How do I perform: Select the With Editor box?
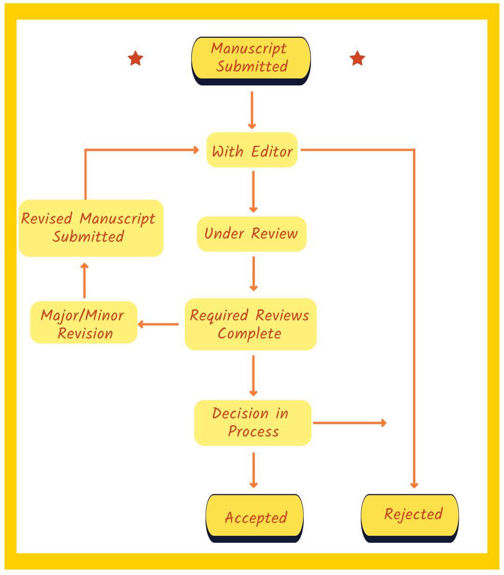pyautogui.click(x=252, y=150)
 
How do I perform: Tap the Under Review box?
pyautogui.click(x=252, y=233)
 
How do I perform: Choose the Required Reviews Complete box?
pyautogui.click(x=251, y=324)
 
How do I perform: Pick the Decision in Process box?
pyautogui.click(x=252, y=423)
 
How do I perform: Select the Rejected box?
pyautogui.click(x=410, y=515)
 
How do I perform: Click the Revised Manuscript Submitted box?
pyautogui.click(x=91, y=228)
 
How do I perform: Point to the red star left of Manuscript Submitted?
pyautogui.click(x=135, y=59)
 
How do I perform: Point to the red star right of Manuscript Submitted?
pyautogui.click(x=357, y=59)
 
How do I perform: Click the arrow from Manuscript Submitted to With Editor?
pyautogui.click(x=252, y=110)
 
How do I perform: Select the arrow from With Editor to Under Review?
pyautogui.click(x=253, y=192)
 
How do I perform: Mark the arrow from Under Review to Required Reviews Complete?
pyautogui.click(x=253, y=274)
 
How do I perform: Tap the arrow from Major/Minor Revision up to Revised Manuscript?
pyautogui.click(x=84, y=280)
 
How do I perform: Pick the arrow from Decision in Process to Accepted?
pyautogui.click(x=253, y=470)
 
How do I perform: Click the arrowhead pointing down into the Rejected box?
pyautogui.click(x=414, y=485)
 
